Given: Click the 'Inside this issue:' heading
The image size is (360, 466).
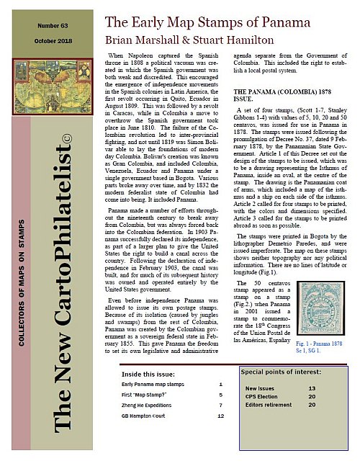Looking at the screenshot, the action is tap(148, 375).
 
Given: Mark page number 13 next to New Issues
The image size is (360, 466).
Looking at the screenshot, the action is tap(312, 387).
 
